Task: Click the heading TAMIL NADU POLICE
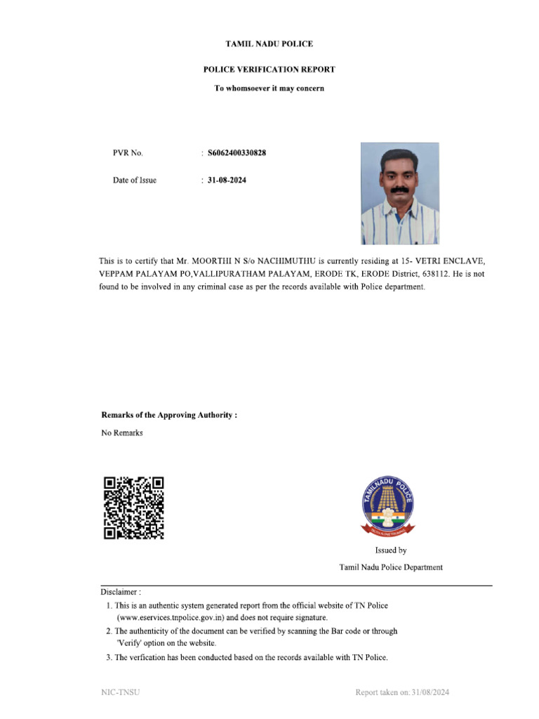tap(269, 44)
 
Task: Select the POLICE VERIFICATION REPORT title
tap(269, 70)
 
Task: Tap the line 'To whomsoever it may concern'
tap(269, 88)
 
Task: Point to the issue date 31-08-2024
tap(227, 180)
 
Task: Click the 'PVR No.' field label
tap(128, 153)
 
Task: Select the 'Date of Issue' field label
tap(135, 180)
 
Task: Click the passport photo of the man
tap(399, 193)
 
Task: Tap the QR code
tap(134, 508)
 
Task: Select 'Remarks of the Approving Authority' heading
tap(169, 415)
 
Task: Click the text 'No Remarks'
tap(122, 433)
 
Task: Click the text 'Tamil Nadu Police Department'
tap(391, 567)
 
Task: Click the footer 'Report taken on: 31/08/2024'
tap(401, 693)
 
